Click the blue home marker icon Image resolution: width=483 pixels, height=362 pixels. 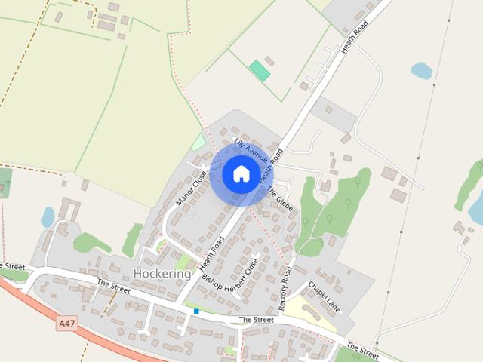tap(241, 174)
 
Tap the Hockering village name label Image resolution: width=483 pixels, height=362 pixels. tap(162, 273)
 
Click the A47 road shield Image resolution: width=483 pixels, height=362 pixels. tap(67, 323)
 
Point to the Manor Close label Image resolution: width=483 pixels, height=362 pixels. tap(191, 188)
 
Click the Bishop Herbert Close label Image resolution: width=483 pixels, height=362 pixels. tap(235, 276)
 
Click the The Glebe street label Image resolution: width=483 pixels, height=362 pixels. tap(279, 198)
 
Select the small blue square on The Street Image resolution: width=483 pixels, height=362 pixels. tap(196, 311)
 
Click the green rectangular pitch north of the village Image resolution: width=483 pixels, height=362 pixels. tap(260, 71)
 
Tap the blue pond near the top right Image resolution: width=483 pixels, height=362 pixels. tap(421, 71)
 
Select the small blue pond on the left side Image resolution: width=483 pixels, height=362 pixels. tap(48, 217)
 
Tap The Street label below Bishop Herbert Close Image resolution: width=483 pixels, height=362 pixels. tap(256, 320)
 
